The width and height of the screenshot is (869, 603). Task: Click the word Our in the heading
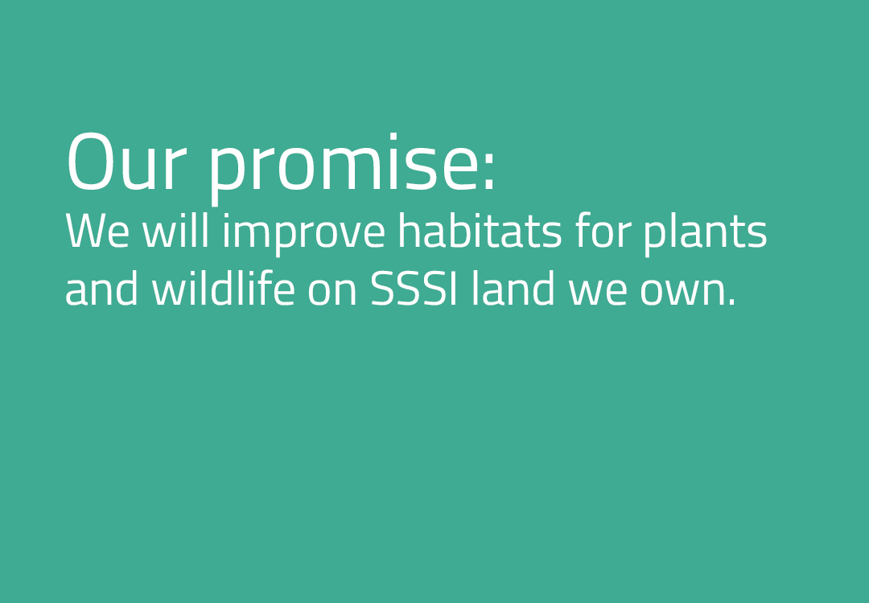[x=126, y=162]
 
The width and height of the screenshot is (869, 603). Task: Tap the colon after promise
[x=488, y=168]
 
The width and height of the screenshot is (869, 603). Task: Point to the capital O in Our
[x=90, y=162]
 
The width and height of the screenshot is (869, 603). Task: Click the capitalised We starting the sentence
[x=97, y=231]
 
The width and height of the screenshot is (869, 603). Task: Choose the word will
[x=175, y=230]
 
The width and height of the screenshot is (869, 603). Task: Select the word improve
[x=303, y=235]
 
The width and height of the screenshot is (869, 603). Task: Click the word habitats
[x=480, y=230]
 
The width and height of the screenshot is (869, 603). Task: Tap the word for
[x=603, y=230]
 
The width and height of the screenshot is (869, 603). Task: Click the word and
[x=101, y=288]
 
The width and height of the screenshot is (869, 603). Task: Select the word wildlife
[x=223, y=288]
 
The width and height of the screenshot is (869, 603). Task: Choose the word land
[x=513, y=288]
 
